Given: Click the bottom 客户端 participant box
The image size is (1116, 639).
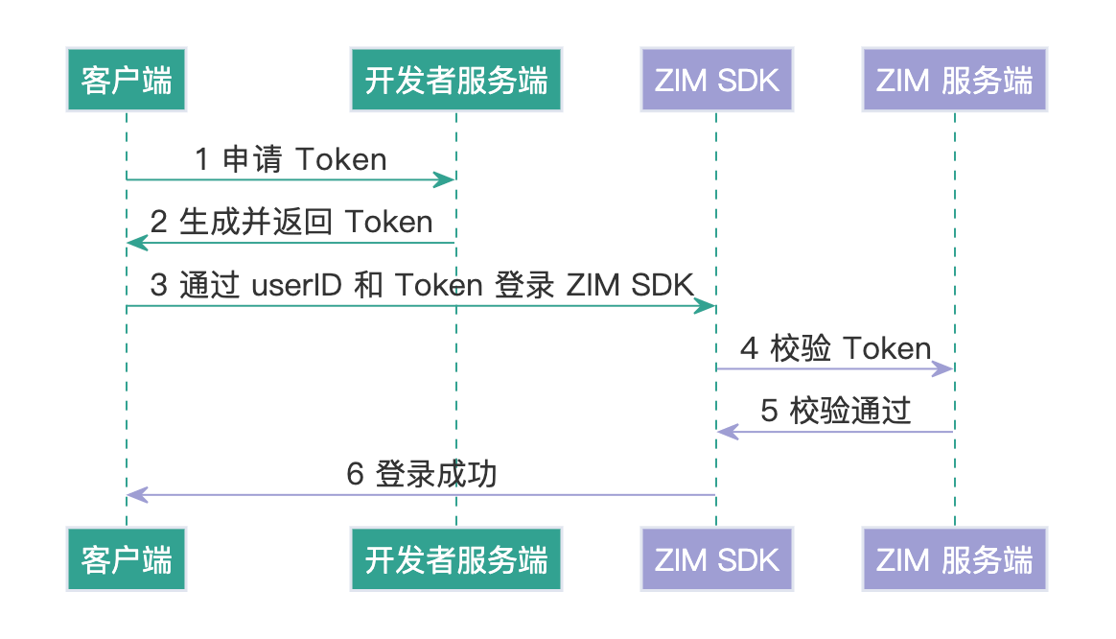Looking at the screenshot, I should click(x=126, y=558).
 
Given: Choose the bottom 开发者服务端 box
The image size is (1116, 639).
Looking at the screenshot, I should click(x=455, y=558).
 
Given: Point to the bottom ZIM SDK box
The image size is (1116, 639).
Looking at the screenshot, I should click(x=716, y=558).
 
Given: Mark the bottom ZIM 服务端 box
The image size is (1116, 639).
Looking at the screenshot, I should click(x=954, y=558).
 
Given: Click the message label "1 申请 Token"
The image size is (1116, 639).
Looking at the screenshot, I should click(x=291, y=159).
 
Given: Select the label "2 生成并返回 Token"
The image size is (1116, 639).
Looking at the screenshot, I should click(x=291, y=223).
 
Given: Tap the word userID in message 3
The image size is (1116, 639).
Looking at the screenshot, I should click(x=296, y=286).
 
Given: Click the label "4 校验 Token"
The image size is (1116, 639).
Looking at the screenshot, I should click(x=835, y=348).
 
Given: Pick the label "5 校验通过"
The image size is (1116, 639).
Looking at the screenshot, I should click(x=835, y=412).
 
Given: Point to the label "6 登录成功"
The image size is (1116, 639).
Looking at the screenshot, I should click(x=421, y=475).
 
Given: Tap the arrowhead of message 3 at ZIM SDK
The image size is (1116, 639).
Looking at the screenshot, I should click(x=706, y=306).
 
